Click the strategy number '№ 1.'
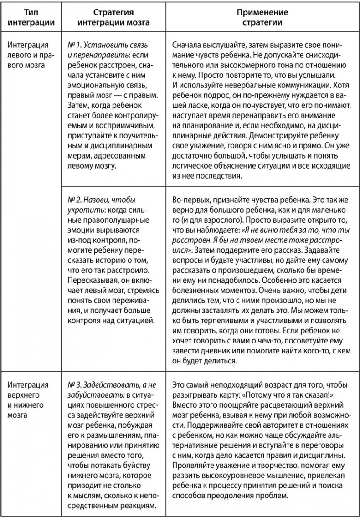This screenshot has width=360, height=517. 74,46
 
